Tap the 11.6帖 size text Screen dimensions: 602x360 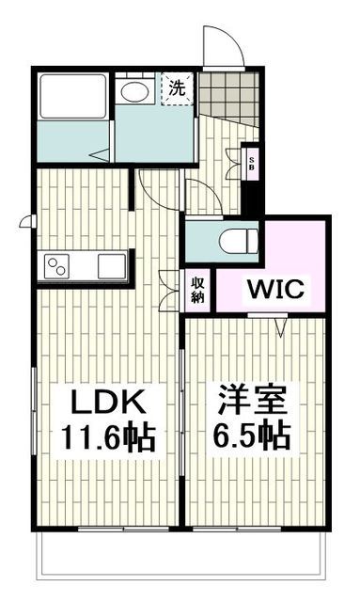coord(108,436)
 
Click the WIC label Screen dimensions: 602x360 coord(275,290)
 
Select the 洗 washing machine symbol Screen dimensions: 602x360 coord(176,89)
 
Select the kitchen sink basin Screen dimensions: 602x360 coord(111,265)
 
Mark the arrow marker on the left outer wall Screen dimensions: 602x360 coord(25,223)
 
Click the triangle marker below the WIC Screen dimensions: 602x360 coord(280,325)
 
